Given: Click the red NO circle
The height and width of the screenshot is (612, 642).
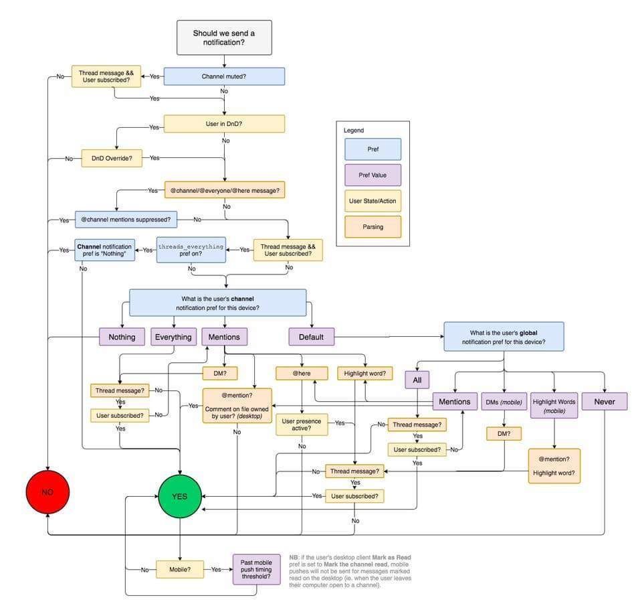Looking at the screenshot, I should tap(47, 492).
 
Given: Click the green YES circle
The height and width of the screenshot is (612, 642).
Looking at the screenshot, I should tap(179, 496).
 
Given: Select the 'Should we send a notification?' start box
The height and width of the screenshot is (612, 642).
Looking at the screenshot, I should tap(224, 37).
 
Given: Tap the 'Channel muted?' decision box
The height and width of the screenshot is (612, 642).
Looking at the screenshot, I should tap(224, 76).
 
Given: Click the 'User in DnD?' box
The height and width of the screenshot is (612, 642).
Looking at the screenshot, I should tap(224, 124).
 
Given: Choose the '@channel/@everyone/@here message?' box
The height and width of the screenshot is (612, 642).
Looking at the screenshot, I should tap(225, 190).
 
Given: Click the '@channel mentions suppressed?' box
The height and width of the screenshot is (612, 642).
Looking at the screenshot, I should tap(126, 218).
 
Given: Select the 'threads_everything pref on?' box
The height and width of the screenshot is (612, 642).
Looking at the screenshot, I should tap(191, 250).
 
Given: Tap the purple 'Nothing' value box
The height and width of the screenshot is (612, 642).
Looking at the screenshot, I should tap(122, 337).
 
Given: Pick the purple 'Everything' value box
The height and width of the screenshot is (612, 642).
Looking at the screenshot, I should tap(173, 337).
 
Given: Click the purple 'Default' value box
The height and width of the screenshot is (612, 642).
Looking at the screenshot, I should tap(311, 337).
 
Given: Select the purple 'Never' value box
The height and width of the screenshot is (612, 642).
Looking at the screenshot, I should tap(605, 401).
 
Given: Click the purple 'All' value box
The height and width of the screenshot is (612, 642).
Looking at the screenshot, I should tap(417, 380).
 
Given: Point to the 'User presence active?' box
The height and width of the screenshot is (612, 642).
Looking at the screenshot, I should tap(302, 425).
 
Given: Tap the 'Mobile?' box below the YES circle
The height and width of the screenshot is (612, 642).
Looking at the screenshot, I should tap(179, 569).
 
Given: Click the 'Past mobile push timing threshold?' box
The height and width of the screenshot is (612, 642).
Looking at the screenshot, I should tap(256, 569).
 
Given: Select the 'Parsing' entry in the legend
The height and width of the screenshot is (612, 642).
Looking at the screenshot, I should tap(372, 227).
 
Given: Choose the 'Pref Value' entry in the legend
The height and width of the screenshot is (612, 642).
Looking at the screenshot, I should tap(372, 175).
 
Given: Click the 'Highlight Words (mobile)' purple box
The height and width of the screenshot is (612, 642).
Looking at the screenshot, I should tap(554, 406).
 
